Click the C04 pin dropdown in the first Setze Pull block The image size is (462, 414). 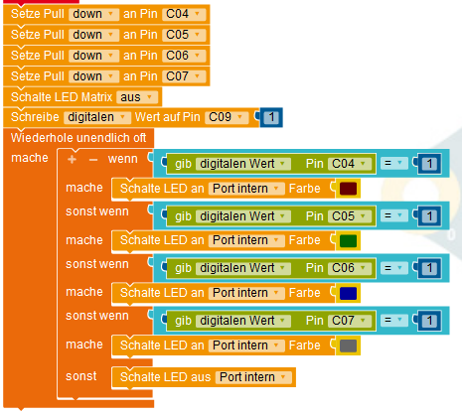(x=184, y=14)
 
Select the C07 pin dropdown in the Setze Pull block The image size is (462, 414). (x=184, y=76)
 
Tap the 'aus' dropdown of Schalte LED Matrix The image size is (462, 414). (x=137, y=97)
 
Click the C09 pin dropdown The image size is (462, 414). (x=227, y=117)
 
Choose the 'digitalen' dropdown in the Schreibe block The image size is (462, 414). (x=97, y=117)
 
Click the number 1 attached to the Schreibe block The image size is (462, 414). (x=271, y=117)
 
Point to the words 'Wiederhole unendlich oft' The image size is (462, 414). (x=78, y=138)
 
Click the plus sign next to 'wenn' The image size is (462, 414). (x=72, y=160)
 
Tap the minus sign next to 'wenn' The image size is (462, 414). (x=93, y=160)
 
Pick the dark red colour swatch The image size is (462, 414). (x=348, y=189)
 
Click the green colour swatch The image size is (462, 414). (x=348, y=240)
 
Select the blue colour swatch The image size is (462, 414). (x=348, y=293)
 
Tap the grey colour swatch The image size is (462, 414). (x=348, y=345)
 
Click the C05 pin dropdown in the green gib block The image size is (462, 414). (x=350, y=216)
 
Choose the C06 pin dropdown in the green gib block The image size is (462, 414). (x=350, y=268)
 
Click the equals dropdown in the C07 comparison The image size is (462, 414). (x=393, y=321)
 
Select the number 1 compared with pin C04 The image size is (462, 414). (x=429, y=164)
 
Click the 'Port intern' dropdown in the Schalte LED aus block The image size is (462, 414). (x=253, y=377)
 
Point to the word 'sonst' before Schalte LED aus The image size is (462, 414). (x=81, y=376)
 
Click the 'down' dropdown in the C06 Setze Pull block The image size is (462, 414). (x=93, y=56)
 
